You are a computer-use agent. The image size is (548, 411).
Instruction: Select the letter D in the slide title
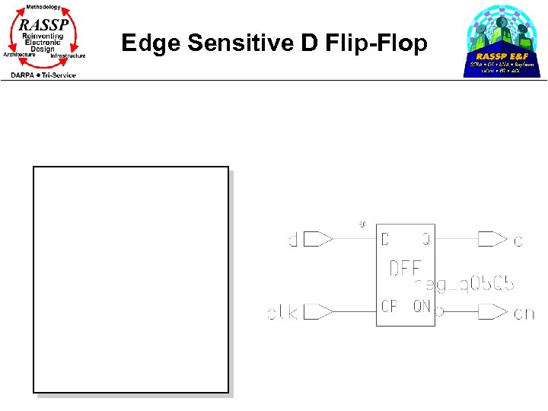click(x=310, y=43)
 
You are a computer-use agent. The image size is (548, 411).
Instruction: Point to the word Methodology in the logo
click(x=43, y=7)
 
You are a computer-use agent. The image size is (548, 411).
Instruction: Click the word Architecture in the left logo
click(x=19, y=55)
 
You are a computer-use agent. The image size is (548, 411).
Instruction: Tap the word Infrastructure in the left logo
click(x=68, y=56)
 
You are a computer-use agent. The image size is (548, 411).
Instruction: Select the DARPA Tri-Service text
click(x=43, y=75)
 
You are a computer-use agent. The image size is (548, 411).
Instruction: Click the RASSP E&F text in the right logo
click(x=502, y=56)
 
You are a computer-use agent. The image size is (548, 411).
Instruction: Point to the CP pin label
click(x=389, y=307)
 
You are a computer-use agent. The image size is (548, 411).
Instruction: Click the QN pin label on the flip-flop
click(x=422, y=307)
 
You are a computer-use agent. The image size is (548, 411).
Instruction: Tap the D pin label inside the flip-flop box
click(x=385, y=240)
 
